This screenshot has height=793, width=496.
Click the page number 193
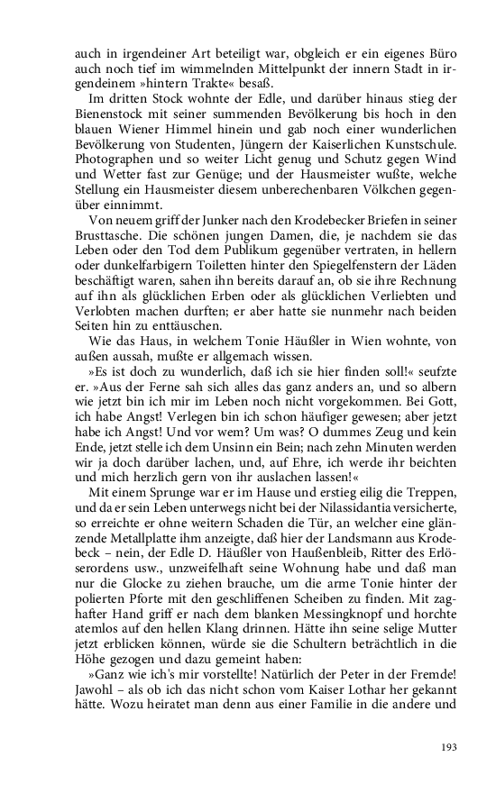pos(449,745)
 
